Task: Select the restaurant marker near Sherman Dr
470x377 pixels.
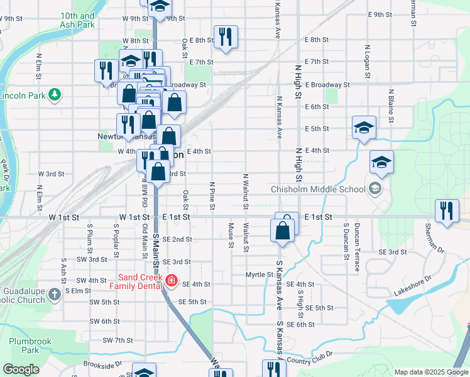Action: click(447, 210)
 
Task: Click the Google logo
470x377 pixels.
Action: click(20, 369)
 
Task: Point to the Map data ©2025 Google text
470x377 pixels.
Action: click(431, 372)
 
